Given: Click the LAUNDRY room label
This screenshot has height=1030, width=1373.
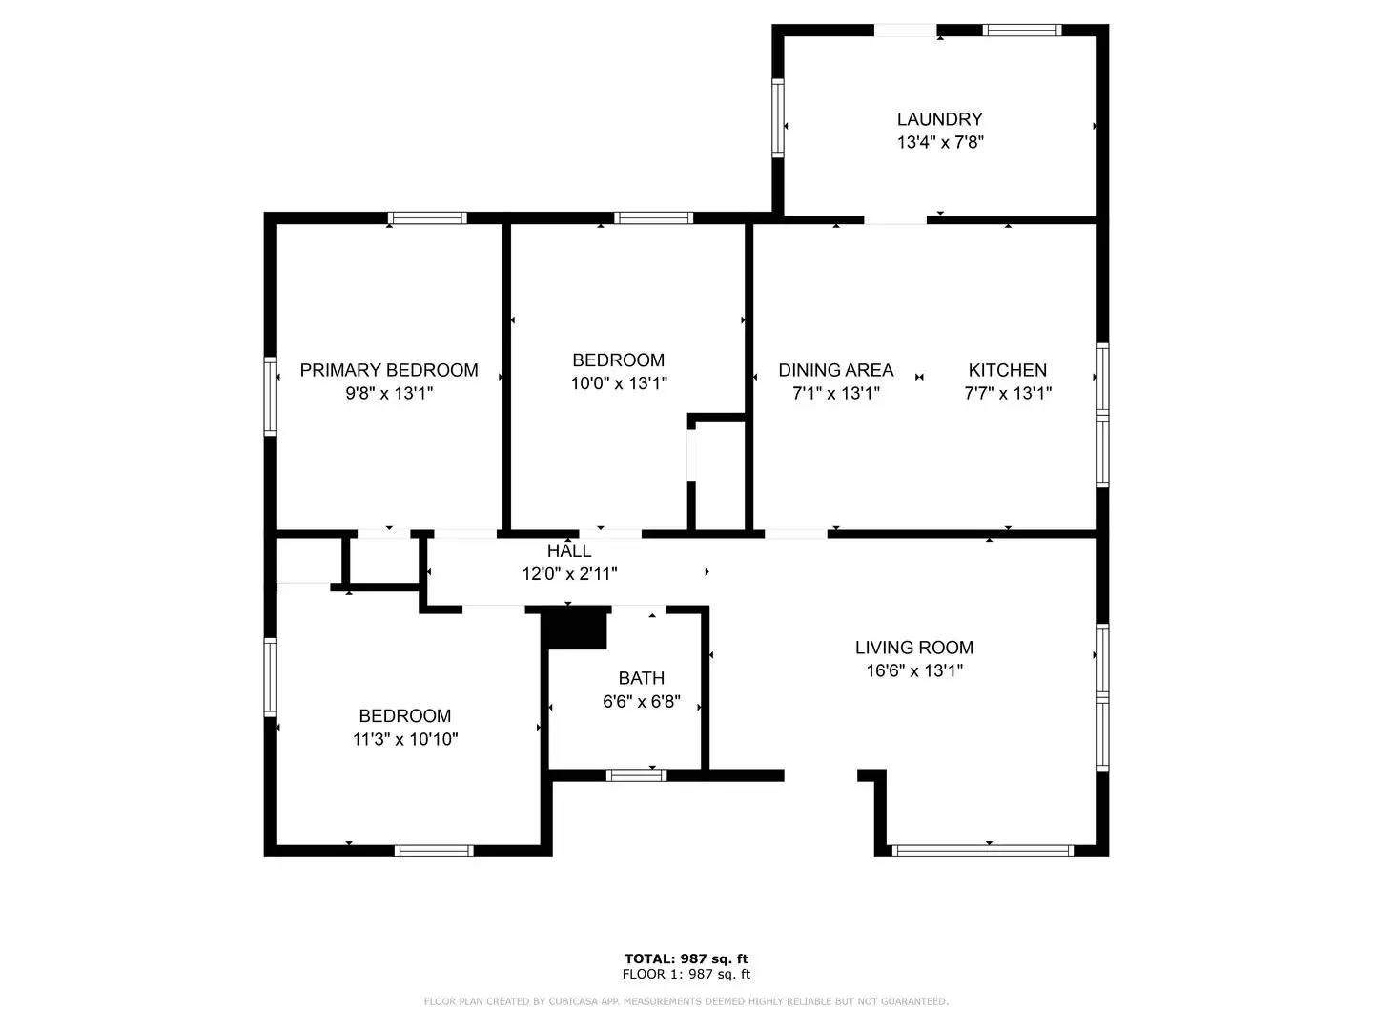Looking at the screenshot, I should point(939,119).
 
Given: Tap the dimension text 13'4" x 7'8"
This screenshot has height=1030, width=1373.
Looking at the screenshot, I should point(939,143).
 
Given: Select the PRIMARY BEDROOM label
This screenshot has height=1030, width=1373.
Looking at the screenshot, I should point(389,370).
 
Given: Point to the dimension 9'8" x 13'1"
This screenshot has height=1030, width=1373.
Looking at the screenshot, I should point(389,393).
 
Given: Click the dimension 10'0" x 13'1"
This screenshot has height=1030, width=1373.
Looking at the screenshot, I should point(618,383).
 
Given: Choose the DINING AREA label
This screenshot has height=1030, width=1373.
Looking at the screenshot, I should point(835,370).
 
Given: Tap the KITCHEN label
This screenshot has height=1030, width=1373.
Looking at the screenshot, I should point(1007,370).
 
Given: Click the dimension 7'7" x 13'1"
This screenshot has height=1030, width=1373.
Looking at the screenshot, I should point(1007,393).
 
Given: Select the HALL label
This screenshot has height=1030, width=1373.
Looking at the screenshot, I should point(569,551).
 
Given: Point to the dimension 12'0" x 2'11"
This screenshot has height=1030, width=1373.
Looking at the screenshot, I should point(569,574).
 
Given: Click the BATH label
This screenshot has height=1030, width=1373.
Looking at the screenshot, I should point(641,678).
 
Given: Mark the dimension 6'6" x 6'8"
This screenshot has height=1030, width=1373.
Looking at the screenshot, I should point(641,702).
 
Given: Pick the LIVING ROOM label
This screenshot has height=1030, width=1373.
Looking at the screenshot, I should point(913,648).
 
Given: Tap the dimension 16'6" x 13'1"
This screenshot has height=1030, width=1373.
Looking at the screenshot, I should point(913,670).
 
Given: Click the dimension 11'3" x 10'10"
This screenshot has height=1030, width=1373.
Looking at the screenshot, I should point(405,739).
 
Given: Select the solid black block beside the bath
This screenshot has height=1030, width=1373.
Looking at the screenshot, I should point(575,628).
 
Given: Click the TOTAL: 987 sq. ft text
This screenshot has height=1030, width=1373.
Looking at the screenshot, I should point(686,958).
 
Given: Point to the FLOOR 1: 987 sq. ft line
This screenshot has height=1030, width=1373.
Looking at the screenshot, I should point(686,974).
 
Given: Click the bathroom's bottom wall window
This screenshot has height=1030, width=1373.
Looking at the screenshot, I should point(637,774).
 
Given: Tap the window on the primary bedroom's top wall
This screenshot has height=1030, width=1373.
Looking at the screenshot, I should point(427,218).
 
